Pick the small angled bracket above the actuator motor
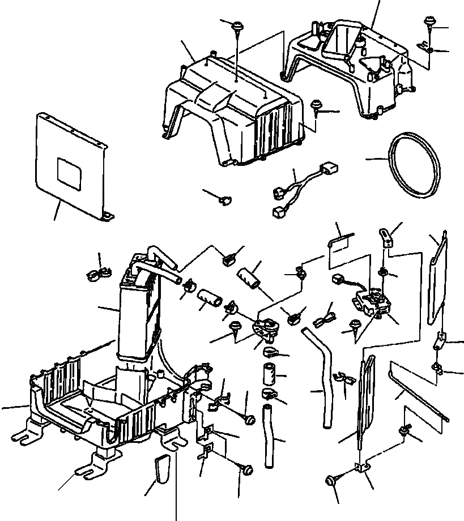coord(387,237)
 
